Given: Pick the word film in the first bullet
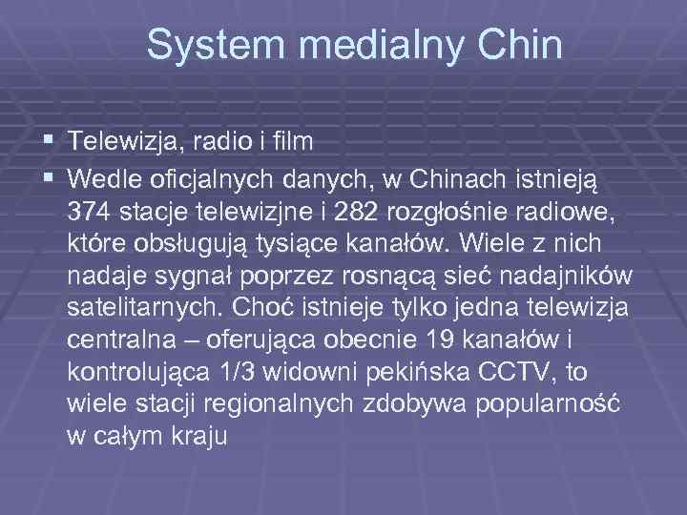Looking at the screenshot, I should (291, 142).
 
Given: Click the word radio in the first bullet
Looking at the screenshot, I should (219, 142).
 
